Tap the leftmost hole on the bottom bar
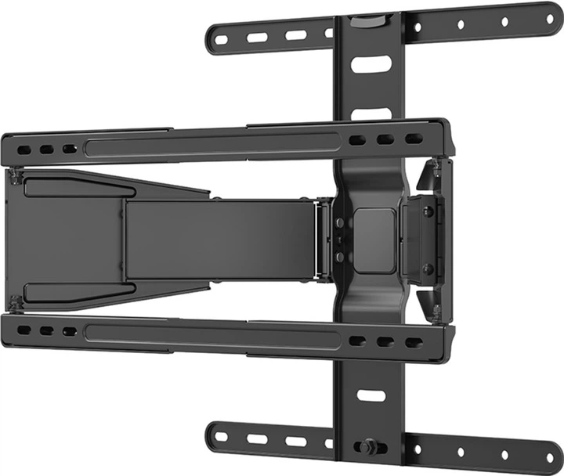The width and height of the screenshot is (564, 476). [x=222, y=437]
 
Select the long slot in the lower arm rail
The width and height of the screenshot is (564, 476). [x=212, y=333]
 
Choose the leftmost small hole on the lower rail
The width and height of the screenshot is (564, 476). [x=25, y=330]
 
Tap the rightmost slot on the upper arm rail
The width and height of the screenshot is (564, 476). [x=414, y=139]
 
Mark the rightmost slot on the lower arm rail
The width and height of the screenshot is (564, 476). [x=414, y=342]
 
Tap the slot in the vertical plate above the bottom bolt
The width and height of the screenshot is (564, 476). [x=372, y=395]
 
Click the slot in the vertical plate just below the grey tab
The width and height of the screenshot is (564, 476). [x=366, y=63]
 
